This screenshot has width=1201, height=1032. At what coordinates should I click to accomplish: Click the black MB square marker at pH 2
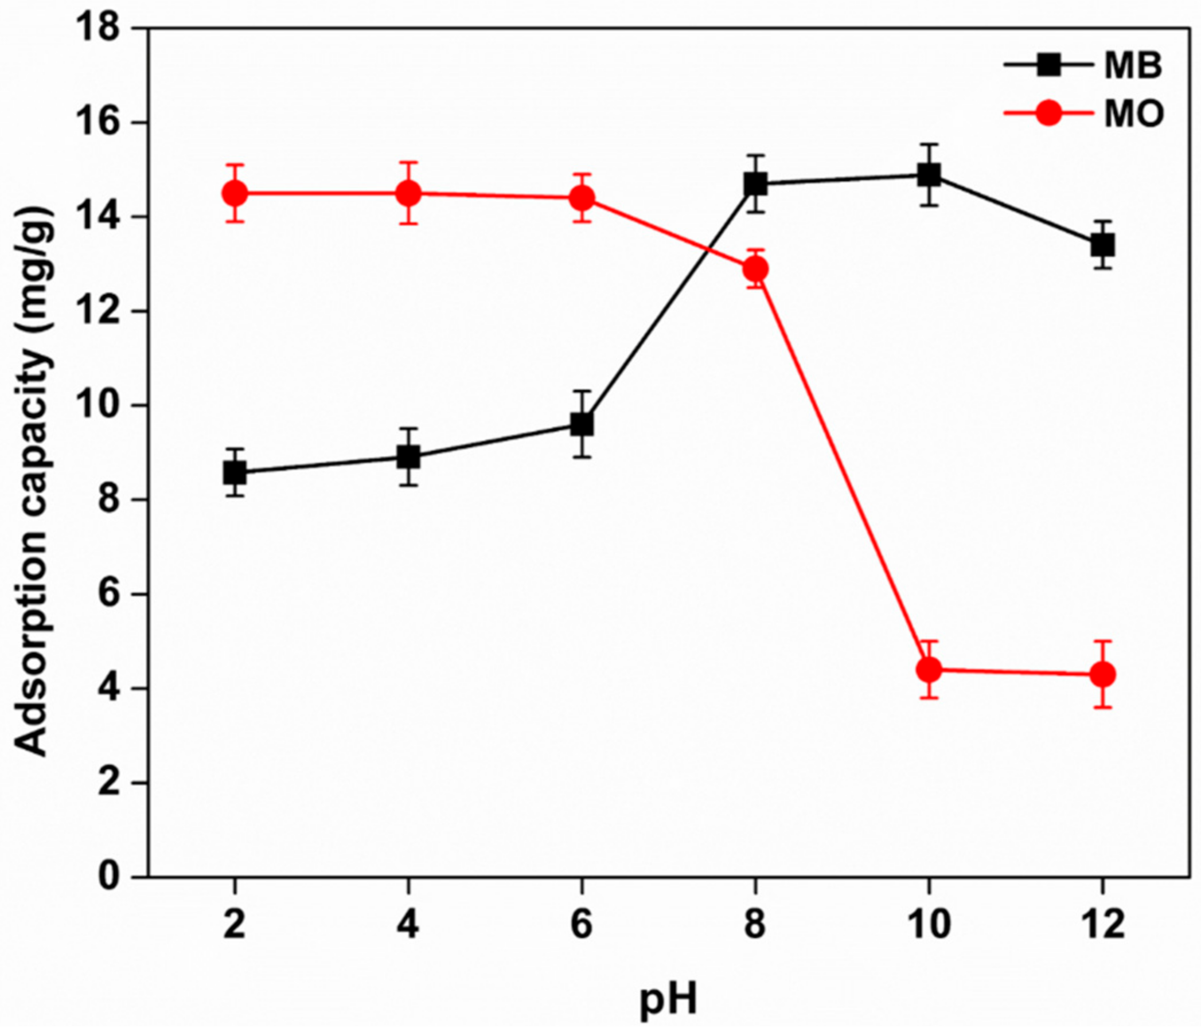(235, 472)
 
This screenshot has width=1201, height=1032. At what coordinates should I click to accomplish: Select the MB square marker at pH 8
(755, 184)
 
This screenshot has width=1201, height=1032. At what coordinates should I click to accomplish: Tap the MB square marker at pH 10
(929, 174)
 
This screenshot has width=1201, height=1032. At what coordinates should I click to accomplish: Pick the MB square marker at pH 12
(1102, 245)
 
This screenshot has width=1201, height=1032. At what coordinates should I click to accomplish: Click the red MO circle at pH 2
(235, 193)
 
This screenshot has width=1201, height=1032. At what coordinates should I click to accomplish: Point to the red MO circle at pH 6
(582, 198)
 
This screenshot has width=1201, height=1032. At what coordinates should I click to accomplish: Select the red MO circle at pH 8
(755, 269)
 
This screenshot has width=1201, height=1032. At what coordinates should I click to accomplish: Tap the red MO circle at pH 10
(929, 670)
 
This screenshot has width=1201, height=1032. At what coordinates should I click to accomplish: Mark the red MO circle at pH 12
(1102, 674)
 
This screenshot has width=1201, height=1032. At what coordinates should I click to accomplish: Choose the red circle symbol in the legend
(1048, 115)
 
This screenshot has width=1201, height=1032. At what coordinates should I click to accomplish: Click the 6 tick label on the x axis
(582, 925)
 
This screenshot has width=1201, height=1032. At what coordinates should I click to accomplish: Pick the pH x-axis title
(668, 999)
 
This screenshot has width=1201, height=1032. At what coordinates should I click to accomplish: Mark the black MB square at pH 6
(582, 424)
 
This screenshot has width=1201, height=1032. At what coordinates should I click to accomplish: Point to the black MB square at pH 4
(408, 457)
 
